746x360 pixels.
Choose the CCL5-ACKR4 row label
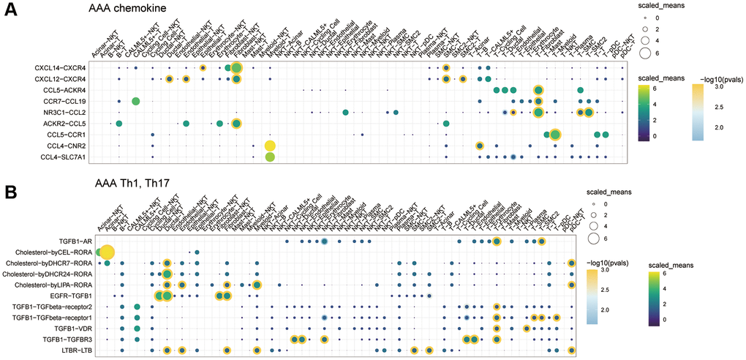click(64, 89)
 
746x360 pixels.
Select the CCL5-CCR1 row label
click(66, 135)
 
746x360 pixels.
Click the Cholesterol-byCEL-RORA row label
click(50, 252)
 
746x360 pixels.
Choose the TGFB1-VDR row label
click(69, 329)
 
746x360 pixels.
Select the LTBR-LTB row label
click(72, 350)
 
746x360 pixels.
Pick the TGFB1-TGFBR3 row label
click(63, 340)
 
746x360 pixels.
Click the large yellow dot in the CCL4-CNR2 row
click(270, 146)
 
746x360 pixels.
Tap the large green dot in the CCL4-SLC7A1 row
click(270, 157)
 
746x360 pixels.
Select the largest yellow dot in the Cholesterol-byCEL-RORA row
click(107, 252)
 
